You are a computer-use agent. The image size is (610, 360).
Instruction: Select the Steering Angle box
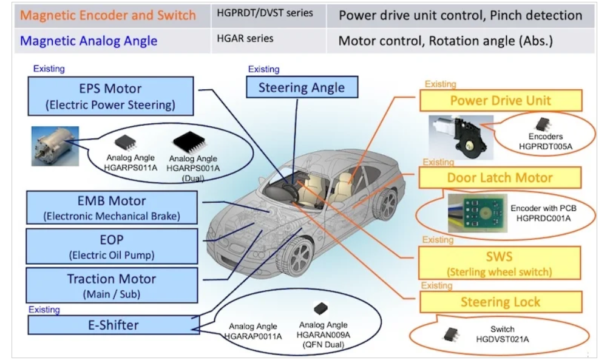pos(301,87)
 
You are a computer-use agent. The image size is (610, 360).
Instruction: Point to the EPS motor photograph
pos(55,147)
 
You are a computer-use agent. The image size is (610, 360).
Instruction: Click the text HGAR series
pos(245,39)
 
